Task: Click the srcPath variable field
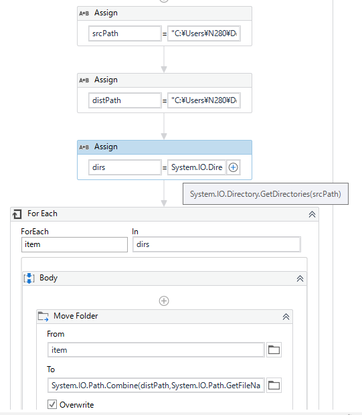[125, 33]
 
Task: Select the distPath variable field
[125, 100]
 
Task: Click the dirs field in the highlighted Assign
[125, 167]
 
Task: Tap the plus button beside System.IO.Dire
[233, 167]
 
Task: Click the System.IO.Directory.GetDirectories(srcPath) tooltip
[266, 193]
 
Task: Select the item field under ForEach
[74, 244]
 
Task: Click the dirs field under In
[216, 244]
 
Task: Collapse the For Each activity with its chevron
[312, 214]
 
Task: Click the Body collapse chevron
[300, 278]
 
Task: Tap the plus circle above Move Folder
[164, 301]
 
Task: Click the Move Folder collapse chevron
[286, 317]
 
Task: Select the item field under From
[156, 350]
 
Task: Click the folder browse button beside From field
[274, 350]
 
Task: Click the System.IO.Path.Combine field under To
[156, 386]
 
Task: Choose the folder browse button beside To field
[274, 386]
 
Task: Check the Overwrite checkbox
[52, 404]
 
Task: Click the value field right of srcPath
[204, 33]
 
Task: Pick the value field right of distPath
[204, 100]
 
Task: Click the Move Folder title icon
[43, 317]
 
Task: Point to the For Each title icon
[17, 214]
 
